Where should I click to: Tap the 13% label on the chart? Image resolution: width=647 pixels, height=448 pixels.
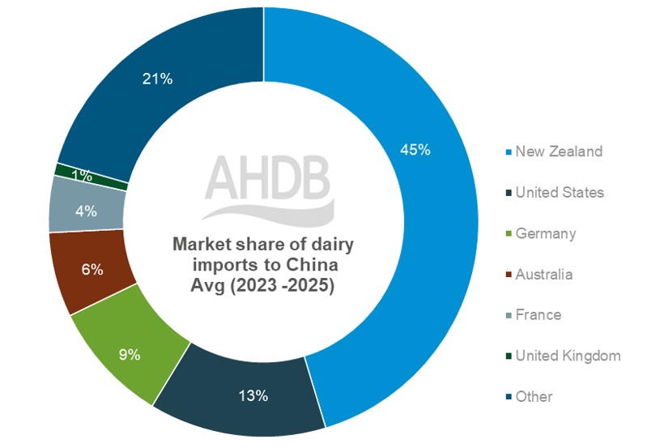(253, 396)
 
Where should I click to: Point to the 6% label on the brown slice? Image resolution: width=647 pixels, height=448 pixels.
(92, 270)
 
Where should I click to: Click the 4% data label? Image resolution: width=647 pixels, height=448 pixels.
(86, 211)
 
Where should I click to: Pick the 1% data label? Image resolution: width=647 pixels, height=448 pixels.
(81, 175)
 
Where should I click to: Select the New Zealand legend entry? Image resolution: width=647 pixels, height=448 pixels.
(559, 151)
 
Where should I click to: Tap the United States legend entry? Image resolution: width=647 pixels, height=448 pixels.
(560, 192)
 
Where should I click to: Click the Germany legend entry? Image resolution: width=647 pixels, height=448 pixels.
(545, 233)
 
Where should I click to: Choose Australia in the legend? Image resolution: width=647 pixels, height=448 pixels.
(543, 274)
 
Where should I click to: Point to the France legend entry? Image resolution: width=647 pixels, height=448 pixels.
(538, 314)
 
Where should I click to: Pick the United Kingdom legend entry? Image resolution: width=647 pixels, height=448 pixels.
(568, 356)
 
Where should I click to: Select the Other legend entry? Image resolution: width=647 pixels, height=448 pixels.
(534, 396)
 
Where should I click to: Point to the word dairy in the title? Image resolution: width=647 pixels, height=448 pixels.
(334, 245)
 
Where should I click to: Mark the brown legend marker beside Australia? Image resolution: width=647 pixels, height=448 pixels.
(507, 275)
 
